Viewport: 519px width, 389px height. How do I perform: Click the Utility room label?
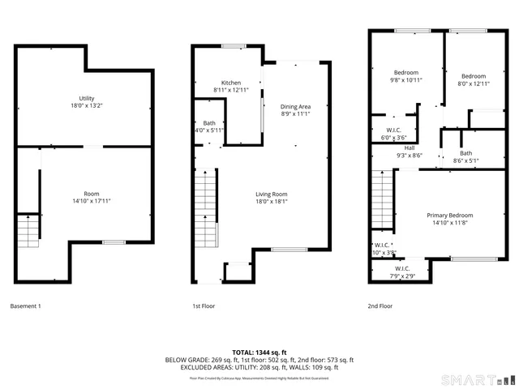tap(86, 101)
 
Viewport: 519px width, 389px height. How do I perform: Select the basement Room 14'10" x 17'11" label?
tap(92, 198)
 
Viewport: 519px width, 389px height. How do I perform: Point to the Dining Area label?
tap(295, 110)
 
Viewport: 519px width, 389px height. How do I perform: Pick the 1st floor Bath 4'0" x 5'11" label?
tap(208, 126)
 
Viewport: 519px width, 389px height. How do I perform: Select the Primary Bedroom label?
tap(449, 219)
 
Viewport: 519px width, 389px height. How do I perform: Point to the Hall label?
tap(410, 152)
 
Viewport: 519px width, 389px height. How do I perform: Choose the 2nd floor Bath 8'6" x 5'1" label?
tap(465, 156)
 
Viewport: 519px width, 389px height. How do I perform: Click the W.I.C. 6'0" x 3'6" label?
tap(392, 133)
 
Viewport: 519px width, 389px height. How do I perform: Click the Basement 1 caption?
tap(25, 306)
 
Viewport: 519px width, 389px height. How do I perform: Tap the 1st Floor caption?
tap(203, 306)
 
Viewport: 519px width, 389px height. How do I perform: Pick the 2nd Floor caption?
tap(380, 306)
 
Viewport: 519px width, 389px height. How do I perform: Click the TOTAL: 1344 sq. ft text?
tap(259, 353)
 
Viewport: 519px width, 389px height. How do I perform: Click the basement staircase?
tap(28, 231)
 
